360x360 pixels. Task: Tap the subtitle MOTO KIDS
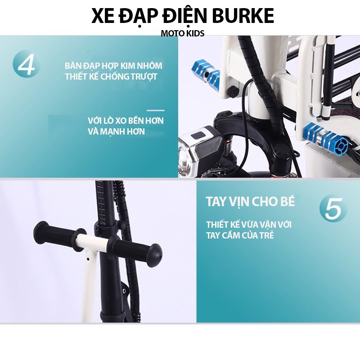point(183,34)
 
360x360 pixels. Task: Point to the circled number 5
point(333,209)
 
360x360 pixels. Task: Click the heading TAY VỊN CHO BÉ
point(250,201)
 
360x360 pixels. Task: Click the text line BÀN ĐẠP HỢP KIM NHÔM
point(113,66)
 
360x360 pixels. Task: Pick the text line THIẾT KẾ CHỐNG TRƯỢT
point(111,76)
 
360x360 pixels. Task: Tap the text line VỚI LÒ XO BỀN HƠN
point(126,121)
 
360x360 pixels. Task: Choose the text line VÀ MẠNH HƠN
point(117,132)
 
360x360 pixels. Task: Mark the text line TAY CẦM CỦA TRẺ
point(240,235)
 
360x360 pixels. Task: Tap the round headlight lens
point(187,159)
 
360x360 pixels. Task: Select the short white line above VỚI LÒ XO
point(156,110)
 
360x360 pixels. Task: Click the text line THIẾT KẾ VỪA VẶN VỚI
point(248,224)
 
